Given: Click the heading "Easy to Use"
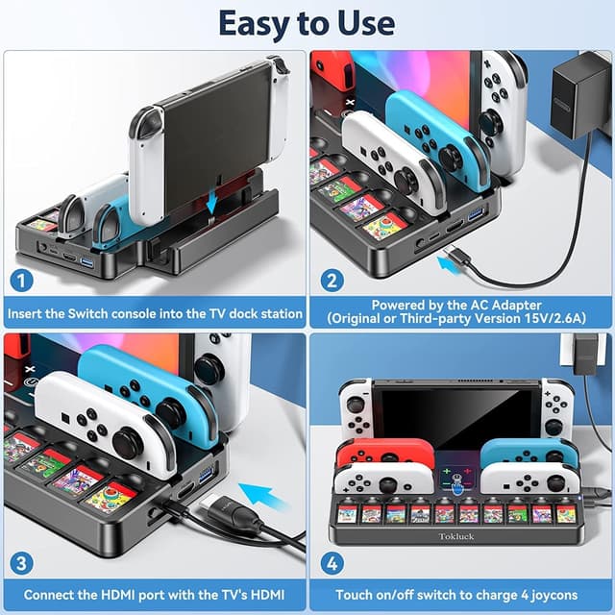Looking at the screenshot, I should pyautogui.click(x=307, y=21).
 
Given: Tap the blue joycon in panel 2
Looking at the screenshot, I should pyautogui.click(x=438, y=144).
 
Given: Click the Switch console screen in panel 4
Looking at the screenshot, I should pyautogui.click(x=455, y=412).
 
